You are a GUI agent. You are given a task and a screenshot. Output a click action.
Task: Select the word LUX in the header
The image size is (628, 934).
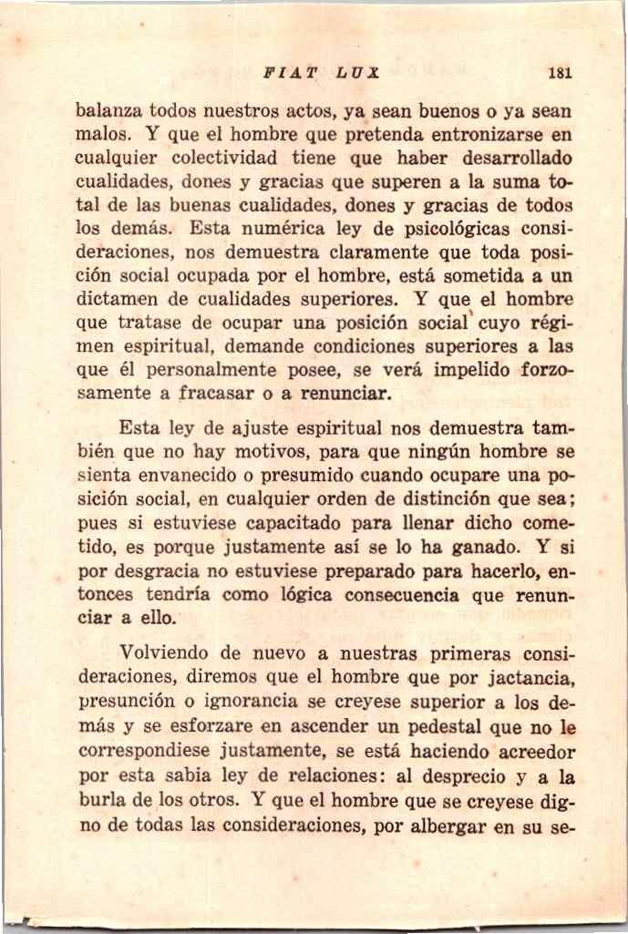(358, 72)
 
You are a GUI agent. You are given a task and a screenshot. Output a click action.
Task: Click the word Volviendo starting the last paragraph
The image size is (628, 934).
(165, 654)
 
